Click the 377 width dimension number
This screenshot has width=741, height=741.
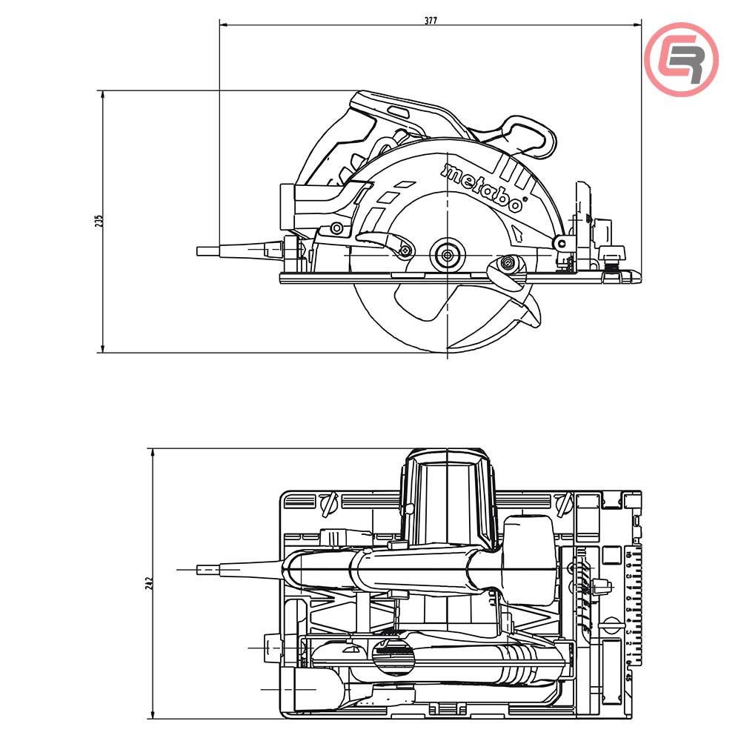click(431, 20)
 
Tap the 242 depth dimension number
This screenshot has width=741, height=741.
click(148, 583)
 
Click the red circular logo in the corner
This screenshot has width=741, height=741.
click(681, 59)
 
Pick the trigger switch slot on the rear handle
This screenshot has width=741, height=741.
click(398, 112)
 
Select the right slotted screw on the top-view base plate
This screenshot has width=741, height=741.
click(563, 505)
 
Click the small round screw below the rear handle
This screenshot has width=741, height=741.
click(336, 227)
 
